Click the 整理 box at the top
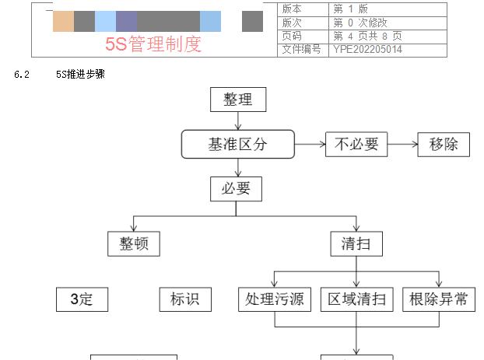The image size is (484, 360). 237,100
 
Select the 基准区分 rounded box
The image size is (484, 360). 238,144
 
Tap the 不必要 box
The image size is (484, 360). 356,144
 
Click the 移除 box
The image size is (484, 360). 444,144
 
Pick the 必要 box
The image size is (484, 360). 236,188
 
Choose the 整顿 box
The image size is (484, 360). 133,243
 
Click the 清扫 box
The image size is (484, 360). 356,243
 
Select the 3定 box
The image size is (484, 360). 82,299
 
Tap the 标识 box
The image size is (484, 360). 184,299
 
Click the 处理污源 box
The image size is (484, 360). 275,299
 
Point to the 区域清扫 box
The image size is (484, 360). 356,299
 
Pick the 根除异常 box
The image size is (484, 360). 439,299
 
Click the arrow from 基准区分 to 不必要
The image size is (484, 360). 310,144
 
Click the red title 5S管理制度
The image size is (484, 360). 153,44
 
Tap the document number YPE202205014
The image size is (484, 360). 367,50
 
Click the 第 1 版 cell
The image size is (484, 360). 351,9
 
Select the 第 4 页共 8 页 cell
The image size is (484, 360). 367,36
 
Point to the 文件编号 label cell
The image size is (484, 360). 301,50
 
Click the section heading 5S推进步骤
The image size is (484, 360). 80,75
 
